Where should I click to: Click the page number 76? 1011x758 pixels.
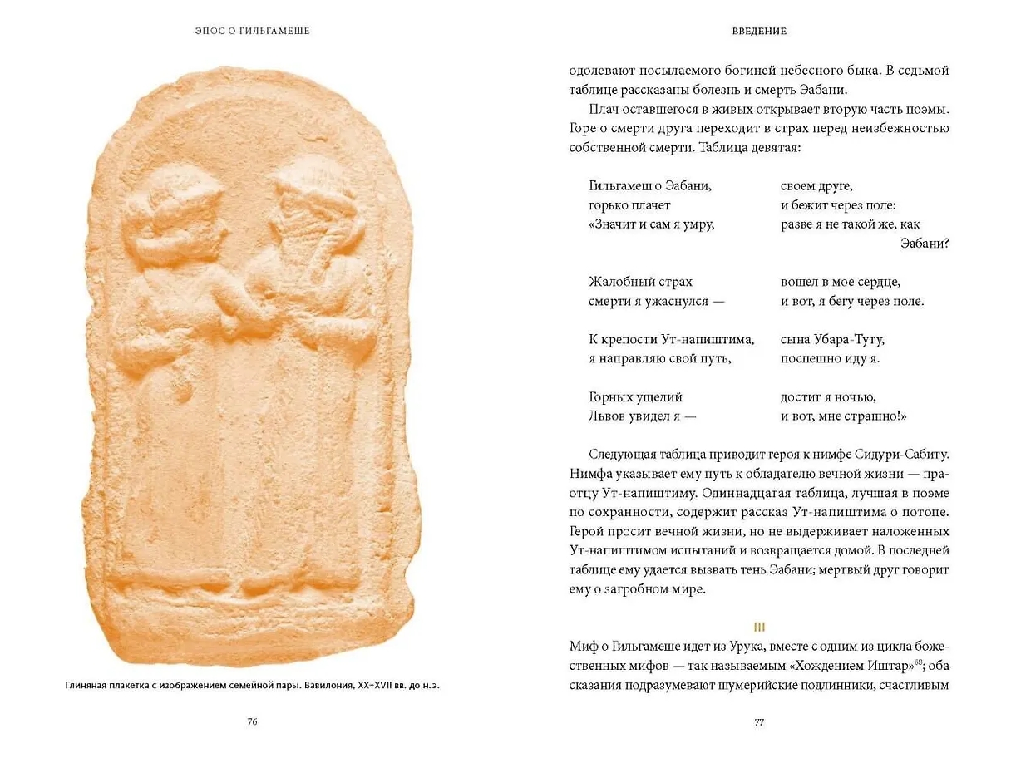click(x=253, y=721)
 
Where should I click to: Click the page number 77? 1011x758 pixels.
click(x=758, y=721)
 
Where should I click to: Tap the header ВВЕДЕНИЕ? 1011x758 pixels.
click(x=759, y=31)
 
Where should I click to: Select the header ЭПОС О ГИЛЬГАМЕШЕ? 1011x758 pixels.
click(x=253, y=31)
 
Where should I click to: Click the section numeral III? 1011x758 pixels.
click(x=758, y=627)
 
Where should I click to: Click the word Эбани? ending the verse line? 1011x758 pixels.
click(x=925, y=244)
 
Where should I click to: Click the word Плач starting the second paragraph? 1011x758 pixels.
click(x=604, y=110)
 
